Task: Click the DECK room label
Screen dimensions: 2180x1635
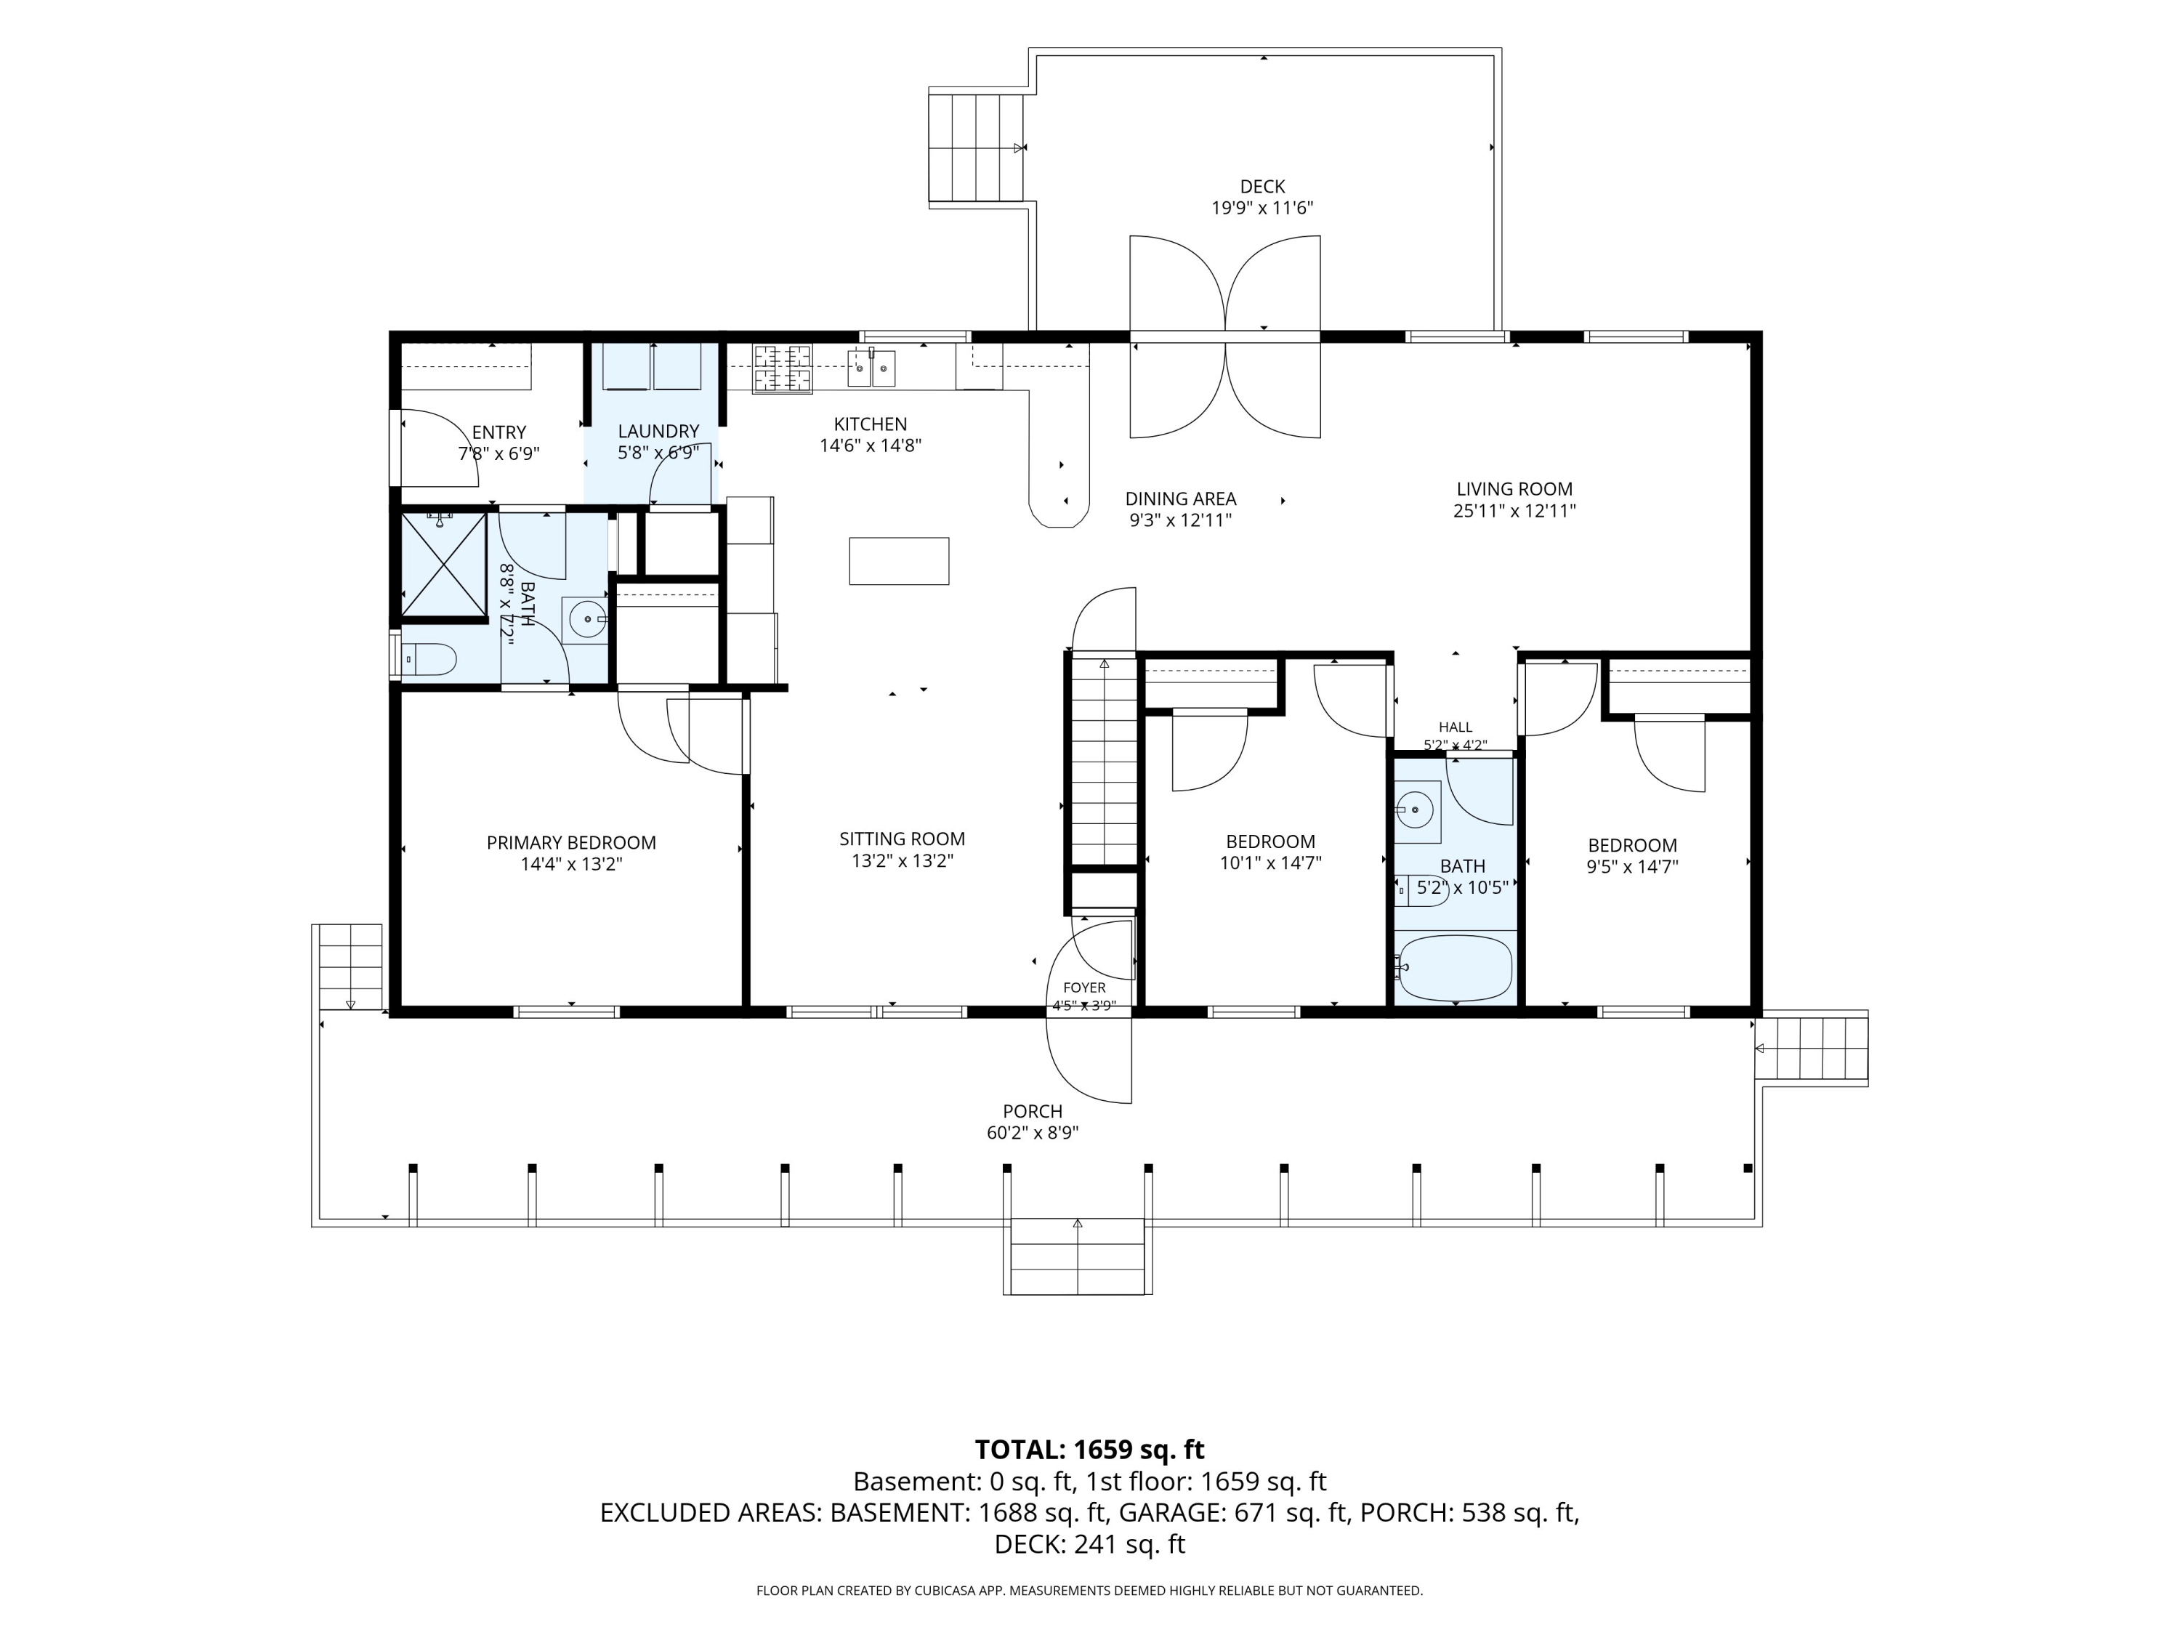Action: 1262,186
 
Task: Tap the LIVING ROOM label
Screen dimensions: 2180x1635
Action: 1515,489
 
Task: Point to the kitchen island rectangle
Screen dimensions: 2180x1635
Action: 899,561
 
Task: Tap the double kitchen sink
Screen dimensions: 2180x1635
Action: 872,368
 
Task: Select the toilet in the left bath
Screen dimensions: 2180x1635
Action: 429,659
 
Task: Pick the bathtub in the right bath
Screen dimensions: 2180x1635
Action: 1455,968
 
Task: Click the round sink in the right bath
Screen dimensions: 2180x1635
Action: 1417,810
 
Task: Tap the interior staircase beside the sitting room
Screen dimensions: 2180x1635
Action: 1104,762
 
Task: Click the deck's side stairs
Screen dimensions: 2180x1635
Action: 977,147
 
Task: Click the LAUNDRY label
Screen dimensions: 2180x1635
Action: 658,431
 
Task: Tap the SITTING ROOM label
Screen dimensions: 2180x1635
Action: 902,839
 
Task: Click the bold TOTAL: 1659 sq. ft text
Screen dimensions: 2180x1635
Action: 1089,1450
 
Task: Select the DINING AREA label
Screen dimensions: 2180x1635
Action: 1181,498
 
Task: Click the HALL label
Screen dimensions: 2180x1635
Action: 1455,727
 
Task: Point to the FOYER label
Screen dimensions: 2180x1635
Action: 1084,988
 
